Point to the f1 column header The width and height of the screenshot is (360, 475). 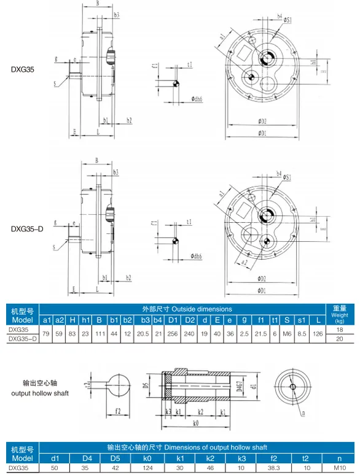tap(261, 320)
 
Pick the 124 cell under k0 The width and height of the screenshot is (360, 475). tap(147, 468)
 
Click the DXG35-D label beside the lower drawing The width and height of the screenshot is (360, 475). tap(26, 229)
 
